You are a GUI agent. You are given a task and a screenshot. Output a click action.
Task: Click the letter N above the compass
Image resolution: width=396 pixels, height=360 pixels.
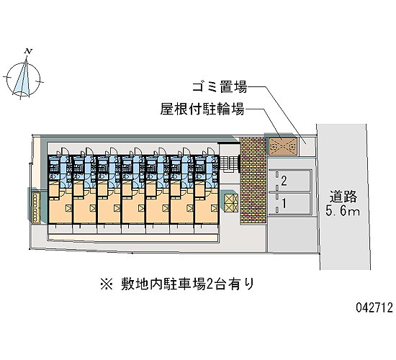29,51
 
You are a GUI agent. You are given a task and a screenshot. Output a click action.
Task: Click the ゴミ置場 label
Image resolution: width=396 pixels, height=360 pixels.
220,86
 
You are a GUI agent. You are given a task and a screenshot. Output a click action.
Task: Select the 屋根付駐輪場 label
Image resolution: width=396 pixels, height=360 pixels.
202,109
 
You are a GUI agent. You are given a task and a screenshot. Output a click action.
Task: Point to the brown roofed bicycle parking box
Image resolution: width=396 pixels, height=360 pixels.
283,146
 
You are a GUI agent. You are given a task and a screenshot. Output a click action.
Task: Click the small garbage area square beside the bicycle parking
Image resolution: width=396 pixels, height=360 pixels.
307,146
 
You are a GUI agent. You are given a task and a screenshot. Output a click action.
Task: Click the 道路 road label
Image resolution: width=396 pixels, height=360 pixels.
343,197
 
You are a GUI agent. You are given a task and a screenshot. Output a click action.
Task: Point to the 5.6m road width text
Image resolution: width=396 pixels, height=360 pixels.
343,210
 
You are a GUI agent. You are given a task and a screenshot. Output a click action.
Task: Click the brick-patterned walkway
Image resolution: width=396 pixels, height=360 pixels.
253,181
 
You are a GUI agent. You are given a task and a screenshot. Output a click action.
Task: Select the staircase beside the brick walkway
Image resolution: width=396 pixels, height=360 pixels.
229,164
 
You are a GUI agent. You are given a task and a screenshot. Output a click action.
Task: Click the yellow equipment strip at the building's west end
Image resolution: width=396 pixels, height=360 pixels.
36,208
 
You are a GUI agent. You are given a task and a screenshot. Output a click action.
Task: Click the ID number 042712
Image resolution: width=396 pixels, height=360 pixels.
374,307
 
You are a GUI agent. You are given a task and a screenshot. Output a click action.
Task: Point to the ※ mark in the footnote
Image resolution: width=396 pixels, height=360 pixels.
107,284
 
